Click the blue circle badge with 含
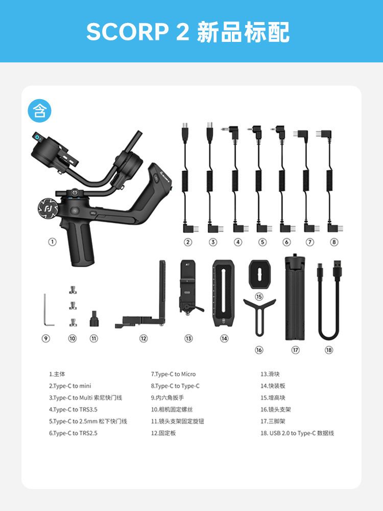pos(39,110)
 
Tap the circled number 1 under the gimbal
pos(52,242)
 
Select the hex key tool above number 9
pos(49,310)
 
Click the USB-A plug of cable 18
pos(338,270)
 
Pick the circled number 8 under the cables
pos(334,242)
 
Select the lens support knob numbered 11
pos(94,319)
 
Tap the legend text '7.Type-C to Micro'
pos(173,374)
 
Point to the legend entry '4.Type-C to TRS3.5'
pos(73,409)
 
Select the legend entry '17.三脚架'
pos(273,421)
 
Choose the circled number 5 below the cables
pos(262,242)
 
